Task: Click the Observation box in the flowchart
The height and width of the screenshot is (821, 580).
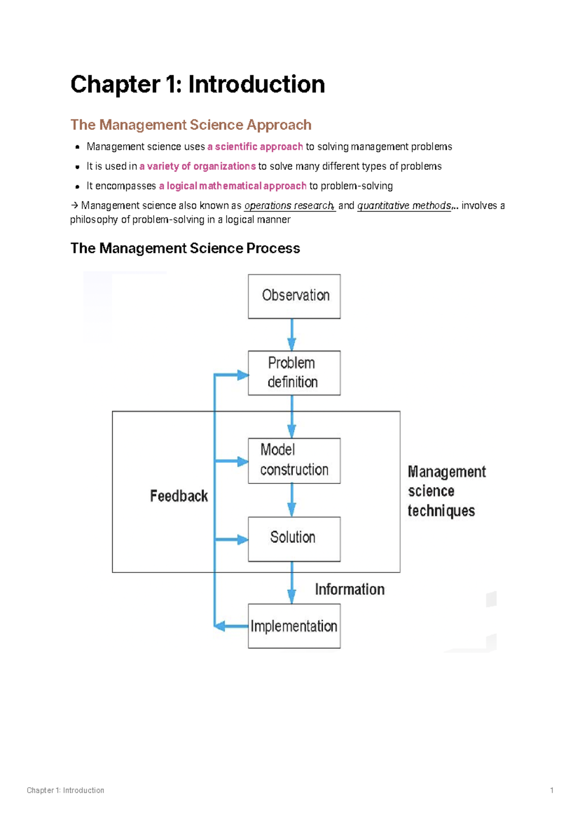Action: (294, 296)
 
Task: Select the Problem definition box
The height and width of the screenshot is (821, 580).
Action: (294, 373)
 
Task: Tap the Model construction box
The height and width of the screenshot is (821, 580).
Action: (294, 461)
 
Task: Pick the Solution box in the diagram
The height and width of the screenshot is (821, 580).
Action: (294, 538)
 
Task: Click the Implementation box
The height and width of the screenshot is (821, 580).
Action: (294, 626)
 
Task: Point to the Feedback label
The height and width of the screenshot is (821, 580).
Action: (179, 496)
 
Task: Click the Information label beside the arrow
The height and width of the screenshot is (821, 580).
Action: (349, 589)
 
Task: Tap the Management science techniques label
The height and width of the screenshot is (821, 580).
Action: (446, 491)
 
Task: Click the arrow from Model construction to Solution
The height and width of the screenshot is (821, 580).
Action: (291, 500)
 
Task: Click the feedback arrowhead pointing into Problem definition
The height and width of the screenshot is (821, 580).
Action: (242, 375)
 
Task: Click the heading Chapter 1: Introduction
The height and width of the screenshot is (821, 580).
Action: (197, 84)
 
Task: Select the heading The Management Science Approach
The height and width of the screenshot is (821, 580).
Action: (190, 125)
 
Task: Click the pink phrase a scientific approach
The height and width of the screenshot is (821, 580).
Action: (255, 147)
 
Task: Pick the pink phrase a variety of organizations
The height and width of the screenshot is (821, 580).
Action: (197, 166)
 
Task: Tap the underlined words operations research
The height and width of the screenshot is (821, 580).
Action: (289, 206)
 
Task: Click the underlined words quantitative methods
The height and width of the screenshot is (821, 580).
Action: (404, 206)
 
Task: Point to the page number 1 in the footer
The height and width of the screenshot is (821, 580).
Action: (551, 791)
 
